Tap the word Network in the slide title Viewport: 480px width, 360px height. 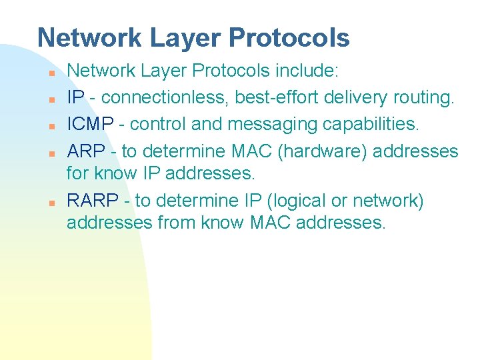coord(90,38)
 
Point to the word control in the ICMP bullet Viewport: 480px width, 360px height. coord(171,125)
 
